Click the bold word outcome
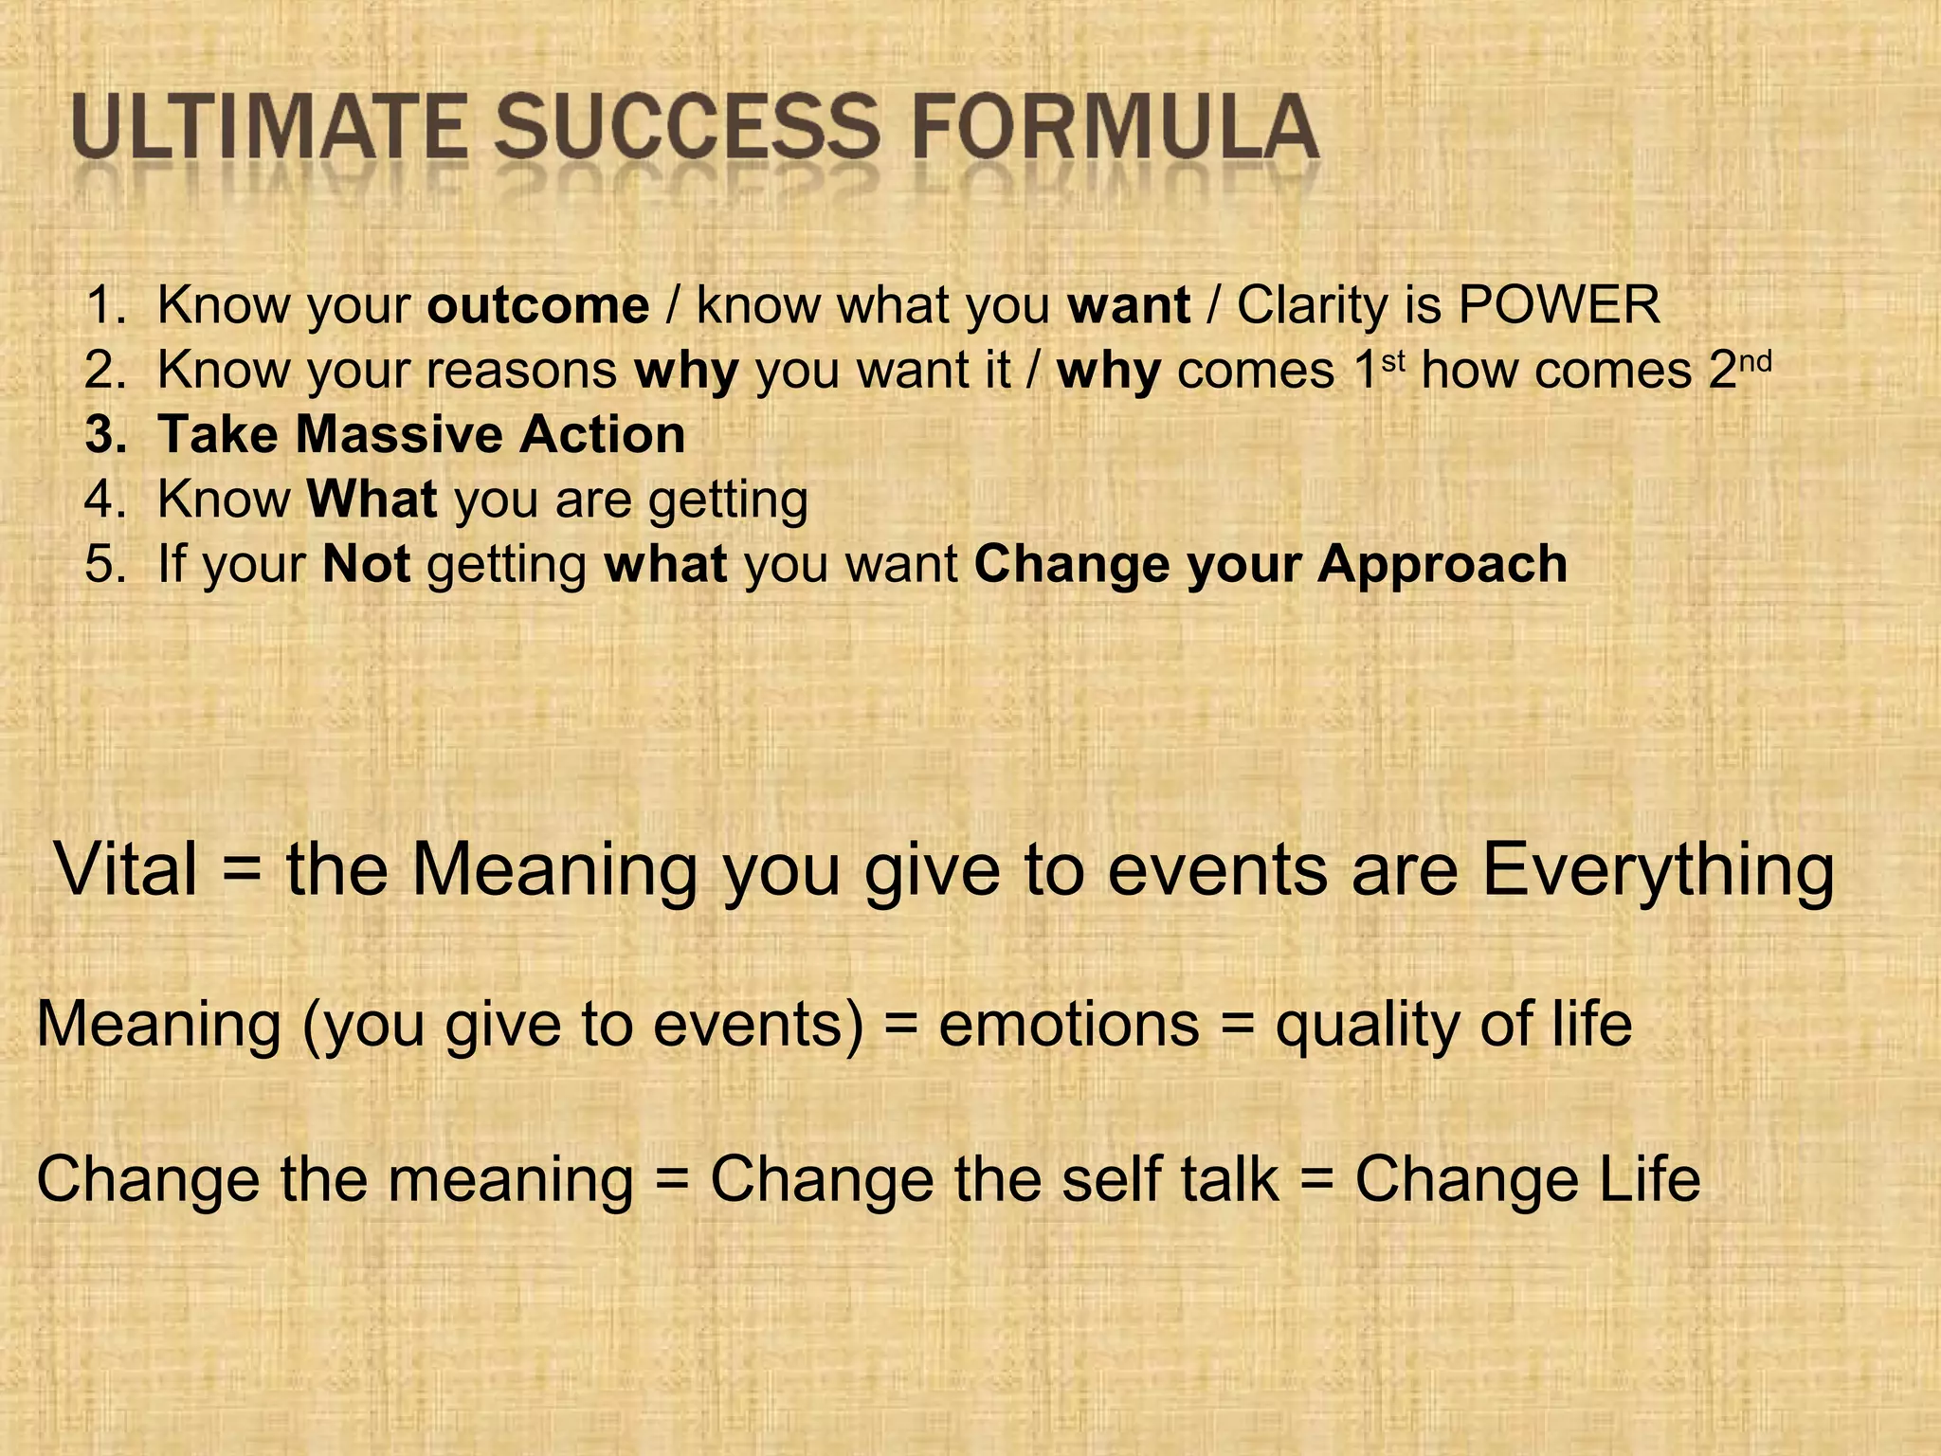(x=537, y=305)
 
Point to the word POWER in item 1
(x=1558, y=305)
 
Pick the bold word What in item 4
(x=372, y=500)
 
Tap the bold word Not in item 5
(x=366, y=564)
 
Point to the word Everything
(x=1658, y=870)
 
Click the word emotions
(x=1068, y=1025)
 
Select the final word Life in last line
(x=1649, y=1178)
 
